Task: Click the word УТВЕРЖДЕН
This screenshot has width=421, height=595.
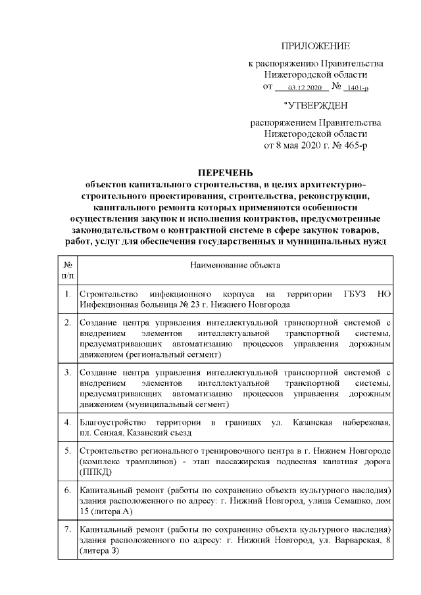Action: point(316,105)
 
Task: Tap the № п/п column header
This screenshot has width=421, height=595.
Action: point(67,269)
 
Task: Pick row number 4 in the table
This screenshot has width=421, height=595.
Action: point(67,421)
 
